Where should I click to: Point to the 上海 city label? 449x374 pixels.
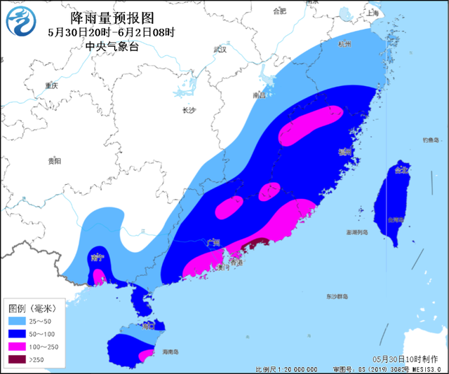click(x=373, y=13)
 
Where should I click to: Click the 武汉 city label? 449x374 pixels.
click(x=220, y=49)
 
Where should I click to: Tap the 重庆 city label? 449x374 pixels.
click(x=51, y=85)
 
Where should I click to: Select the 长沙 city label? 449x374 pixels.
click(x=189, y=110)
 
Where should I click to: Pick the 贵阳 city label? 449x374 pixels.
click(x=54, y=161)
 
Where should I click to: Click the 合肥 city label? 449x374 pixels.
click(x=280, y=11)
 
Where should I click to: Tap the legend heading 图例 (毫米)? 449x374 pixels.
click(x=35, y=307)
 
